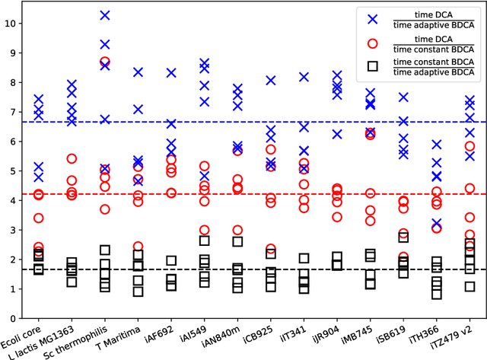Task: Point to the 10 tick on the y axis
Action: click(x=9, y=24)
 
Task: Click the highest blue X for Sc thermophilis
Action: click(x=105, y=15)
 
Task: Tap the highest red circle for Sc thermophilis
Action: click(x=105, y=61)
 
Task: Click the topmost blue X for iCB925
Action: click(x=271, y=80)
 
